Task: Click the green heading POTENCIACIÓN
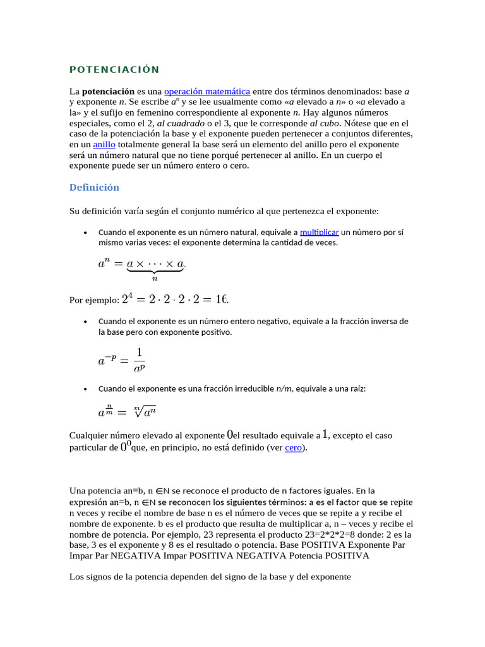114,70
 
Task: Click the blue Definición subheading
93,188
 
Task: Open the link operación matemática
207,91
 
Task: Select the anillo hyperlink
104,145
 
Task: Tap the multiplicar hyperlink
320,232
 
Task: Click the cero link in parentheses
294,447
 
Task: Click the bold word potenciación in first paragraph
108,91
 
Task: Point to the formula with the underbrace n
141,267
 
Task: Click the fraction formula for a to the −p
121,361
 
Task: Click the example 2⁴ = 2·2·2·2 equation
181,299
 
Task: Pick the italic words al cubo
325,123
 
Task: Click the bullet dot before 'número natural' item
85,233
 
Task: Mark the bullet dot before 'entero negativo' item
85,322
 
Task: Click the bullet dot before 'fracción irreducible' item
85,389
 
